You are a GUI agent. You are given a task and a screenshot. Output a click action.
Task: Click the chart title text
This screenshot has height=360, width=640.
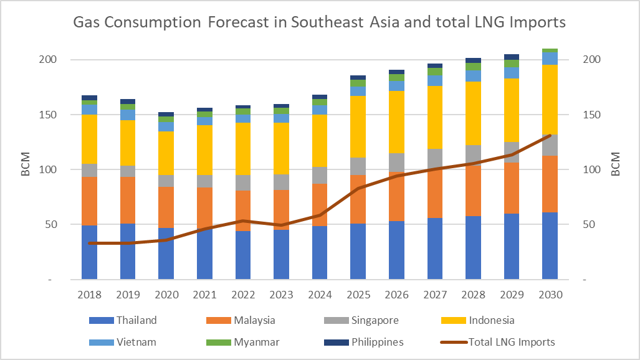(x=319, y=23)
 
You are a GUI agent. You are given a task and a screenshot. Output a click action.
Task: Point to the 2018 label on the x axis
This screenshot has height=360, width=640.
(x=90, y=295)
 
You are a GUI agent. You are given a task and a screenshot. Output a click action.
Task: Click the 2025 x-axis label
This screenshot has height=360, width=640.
(x=358, y=295)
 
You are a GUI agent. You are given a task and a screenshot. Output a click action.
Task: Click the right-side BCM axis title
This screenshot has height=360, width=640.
(x=615, y=164)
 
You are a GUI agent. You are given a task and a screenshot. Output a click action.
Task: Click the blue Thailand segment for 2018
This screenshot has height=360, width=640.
(x=90, y=252)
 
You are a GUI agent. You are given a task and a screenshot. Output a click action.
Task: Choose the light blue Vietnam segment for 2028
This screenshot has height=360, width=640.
(x=473, y=76)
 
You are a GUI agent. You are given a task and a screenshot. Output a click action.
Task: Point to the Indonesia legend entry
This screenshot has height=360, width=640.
(x=491, y=320)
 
